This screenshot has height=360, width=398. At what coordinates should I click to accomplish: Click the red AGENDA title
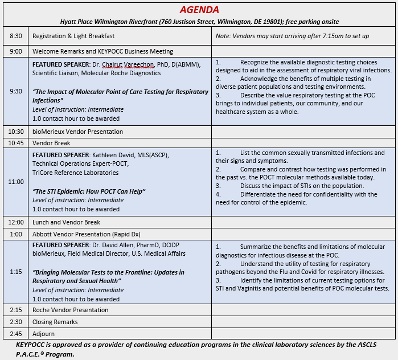click(199, 10)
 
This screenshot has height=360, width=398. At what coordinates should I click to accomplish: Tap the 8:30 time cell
click(16, 36)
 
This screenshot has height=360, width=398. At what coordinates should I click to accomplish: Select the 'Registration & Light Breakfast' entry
click(73, 36)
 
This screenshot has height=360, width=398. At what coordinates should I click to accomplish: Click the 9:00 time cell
click(16, 51)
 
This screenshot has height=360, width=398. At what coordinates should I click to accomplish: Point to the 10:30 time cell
click(16, 132)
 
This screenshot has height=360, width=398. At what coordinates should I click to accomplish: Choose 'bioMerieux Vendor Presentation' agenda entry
click(77, 132)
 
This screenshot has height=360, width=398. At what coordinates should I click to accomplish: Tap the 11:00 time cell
click(16, 182)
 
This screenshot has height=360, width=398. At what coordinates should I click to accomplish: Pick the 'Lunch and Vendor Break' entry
click(66, 222)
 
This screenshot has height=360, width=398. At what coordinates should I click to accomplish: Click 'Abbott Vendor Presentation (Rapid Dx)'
click(87, 234)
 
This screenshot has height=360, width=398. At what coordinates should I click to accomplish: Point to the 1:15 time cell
click(16, 272)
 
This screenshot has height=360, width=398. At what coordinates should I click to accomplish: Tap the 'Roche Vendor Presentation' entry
click(70, 310)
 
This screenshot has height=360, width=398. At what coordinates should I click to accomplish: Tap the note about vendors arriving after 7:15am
click(293, 36)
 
